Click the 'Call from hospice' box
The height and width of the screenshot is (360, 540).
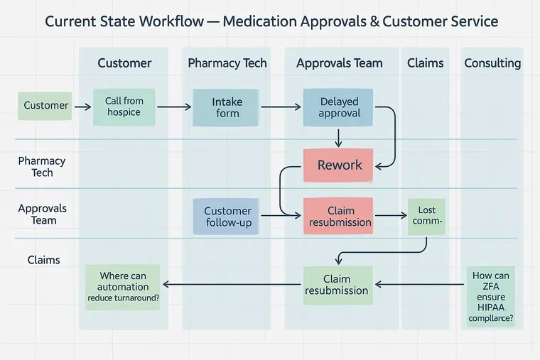point(124,107)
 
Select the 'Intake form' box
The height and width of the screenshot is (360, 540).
point(227,107)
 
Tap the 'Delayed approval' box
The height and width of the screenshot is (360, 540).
point(339,107)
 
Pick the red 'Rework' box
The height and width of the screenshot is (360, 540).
point(339,165)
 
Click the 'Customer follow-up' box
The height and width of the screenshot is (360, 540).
point(227,217)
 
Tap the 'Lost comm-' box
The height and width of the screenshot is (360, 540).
point(426,216)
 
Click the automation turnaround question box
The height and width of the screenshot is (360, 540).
point(123,287)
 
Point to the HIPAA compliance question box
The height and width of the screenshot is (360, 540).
point(490,297)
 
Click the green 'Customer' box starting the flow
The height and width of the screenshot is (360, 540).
point(46,106)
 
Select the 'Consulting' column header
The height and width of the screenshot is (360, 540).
point(492,63)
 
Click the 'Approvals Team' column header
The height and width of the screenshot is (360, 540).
point(339,63)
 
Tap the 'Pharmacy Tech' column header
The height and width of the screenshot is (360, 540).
point(227,63)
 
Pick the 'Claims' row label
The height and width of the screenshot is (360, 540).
point(43,260)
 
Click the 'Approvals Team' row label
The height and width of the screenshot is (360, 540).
point(43,214)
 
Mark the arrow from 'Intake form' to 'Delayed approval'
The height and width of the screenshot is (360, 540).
point(281,107)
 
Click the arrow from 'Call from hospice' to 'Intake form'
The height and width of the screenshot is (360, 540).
point(174,107)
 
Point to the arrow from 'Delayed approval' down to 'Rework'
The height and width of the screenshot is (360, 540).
point(339,137)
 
